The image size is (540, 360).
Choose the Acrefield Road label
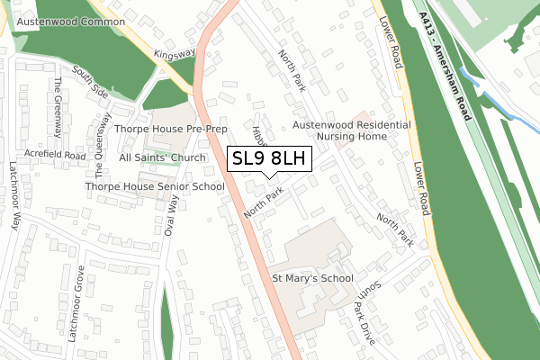(x=55, y=156)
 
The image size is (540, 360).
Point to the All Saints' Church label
(x=163, y=157)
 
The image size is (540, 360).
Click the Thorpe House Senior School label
(x=155, y=186)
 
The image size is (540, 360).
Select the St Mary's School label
(x=312, y=279)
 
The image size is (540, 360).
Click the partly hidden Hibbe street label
(x=260, y=135)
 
